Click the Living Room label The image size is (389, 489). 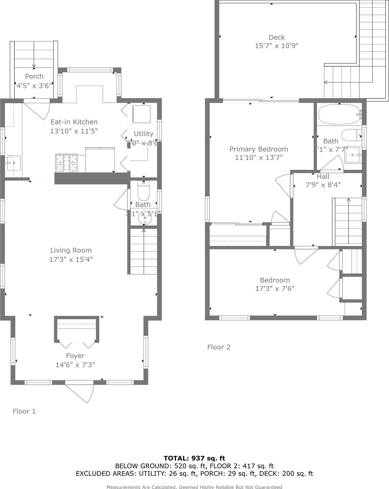tap(71, 250)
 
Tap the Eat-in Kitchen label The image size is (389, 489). tap(74, 122)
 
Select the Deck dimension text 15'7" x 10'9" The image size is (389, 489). tap(276, 46)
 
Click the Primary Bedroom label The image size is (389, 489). tap(258, 149)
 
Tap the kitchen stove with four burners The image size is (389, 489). tap(66, 163)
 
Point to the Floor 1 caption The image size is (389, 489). tap(24, 411)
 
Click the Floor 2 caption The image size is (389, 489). tap(219, 347)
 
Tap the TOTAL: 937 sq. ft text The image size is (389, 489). tap(194, 458)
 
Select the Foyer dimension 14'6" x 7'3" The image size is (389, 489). tap(75, 365)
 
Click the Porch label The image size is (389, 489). tap(34, 77)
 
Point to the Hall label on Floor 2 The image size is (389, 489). tap(323, 176)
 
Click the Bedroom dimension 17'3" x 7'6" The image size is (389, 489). tap(275, 289)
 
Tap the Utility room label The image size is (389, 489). tap(143, 134)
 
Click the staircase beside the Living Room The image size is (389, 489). tap(144, 250)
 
